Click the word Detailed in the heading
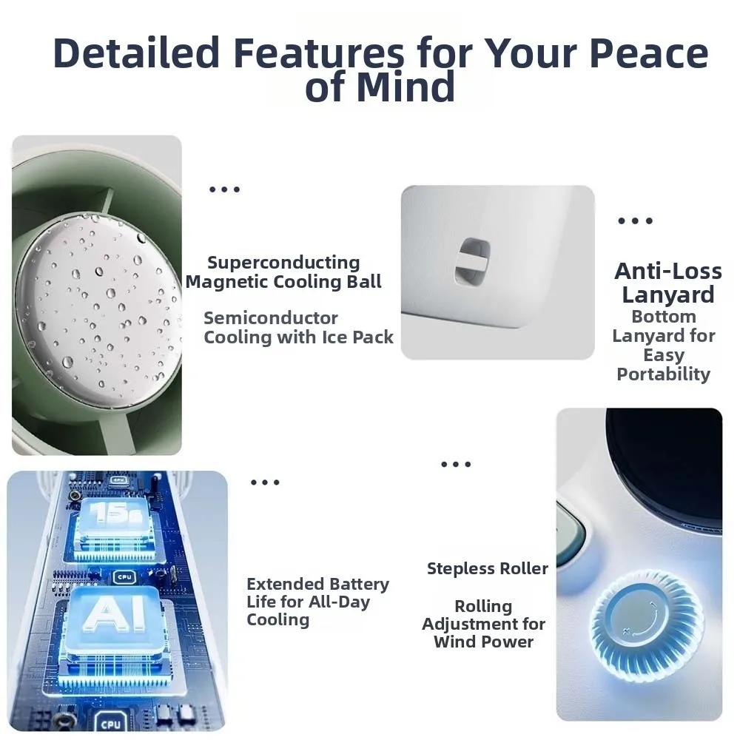coord(136,53)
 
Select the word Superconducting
coord(283,263)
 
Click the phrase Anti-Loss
coord(668,271)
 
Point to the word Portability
coord(663,374)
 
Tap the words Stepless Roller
coord(488,568)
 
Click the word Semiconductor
coord(270,318)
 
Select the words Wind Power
coord(483,642)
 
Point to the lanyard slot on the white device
coord(472,263)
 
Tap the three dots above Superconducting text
coord(225,189)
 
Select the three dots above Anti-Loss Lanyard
coord(635,221)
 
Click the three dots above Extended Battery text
coord(265,482)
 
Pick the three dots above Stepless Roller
coord(456,465)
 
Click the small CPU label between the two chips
coord(124,576)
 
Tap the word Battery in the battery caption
coord(359,585)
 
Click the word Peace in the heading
coord(649,53)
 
